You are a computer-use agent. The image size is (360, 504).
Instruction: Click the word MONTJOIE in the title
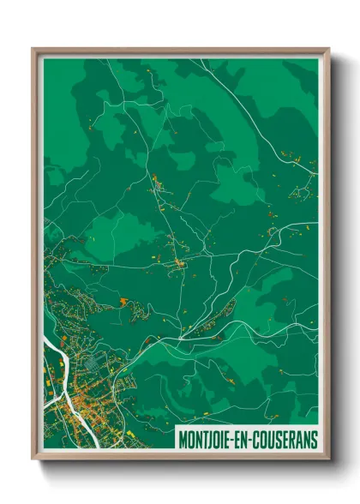tap(207, 439)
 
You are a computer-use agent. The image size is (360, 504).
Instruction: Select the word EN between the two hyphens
tap(243, 439)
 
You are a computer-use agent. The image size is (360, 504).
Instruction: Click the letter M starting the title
tap(182, 439)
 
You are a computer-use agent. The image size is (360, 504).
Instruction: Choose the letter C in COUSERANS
tap(256, 439)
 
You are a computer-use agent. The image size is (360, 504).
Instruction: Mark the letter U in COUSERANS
tap(270, 439)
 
